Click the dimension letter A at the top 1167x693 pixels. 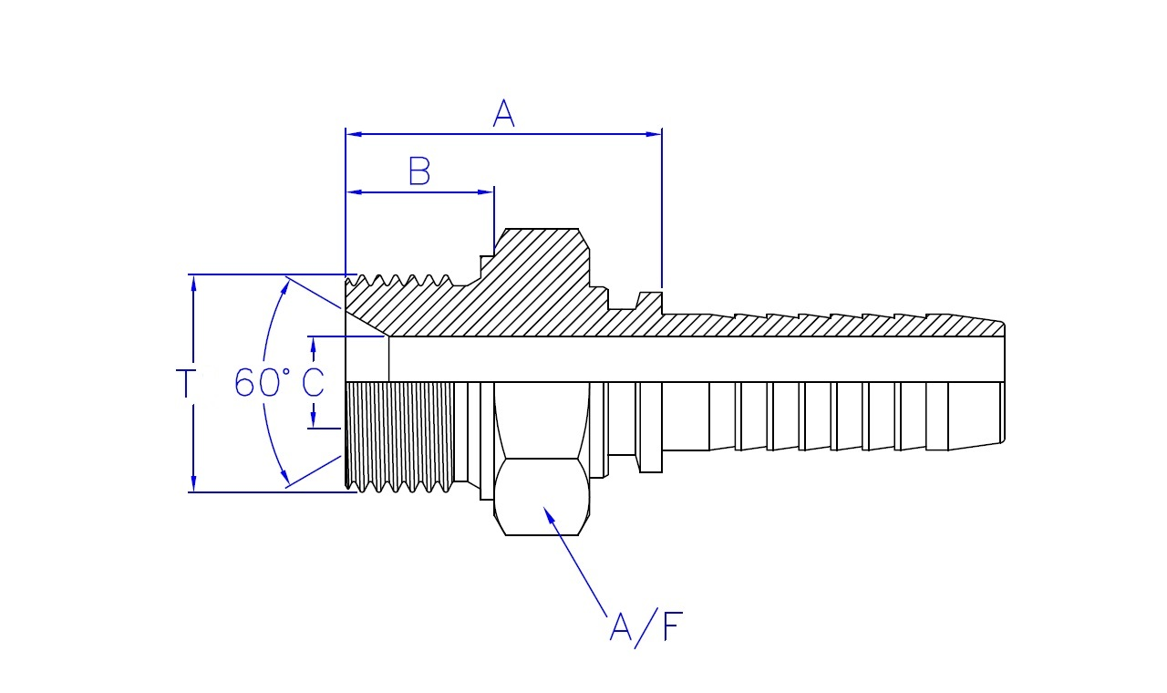pyautogui.click(x=504, y=113)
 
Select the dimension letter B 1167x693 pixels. pyautogui.click(x=418, y=171)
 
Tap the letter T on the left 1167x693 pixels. pyautogui.click(x=185, y=383)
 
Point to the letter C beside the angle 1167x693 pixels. pyautogui.click(x=313, y=383)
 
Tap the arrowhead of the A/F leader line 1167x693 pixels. pyautogui.click(x=549, y=513)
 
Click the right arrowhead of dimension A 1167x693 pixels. pyautogui.click(x=655, y=134)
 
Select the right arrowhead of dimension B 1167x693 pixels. pyautogui.click(x=487, y=191)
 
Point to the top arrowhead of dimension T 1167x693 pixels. pyautogui.click(x=193, y=282)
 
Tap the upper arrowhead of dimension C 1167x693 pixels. pyautogui.click(x=313, y=343)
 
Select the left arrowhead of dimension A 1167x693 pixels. pyautogui.click(x=353, y=134)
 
